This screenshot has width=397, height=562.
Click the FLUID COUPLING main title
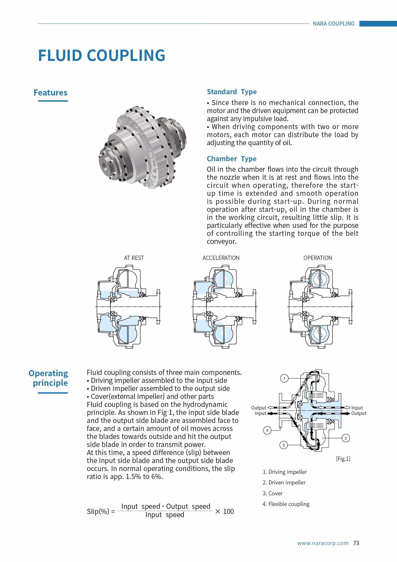tap(101, 55)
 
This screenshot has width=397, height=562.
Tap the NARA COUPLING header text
tap(334, 24)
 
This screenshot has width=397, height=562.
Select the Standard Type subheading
tap(231, 92)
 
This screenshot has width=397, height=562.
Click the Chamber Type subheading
tap(231, 159)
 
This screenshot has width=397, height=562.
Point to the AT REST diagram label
tap(134, 258)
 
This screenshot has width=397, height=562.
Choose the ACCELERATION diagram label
tap(221, 258)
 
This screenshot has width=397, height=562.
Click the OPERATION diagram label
tap(318, 258)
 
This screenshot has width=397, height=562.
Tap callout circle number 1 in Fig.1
tap(284, 378)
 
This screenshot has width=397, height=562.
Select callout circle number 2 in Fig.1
tap(346, 438)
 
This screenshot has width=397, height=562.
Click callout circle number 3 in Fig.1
tap(283, 445)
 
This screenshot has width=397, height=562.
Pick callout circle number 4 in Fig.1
tap(267, 430)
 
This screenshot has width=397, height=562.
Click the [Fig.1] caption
tap(343, 459)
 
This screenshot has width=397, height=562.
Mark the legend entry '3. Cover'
tap(272, 493)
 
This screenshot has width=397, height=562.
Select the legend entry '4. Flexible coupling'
tap(286, 504)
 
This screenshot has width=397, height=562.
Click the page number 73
tap(356, 543)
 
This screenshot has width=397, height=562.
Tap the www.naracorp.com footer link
tap(323, 543)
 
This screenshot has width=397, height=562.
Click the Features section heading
tap(51, 93)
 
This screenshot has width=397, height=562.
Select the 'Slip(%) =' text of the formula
tap(101, 511)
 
